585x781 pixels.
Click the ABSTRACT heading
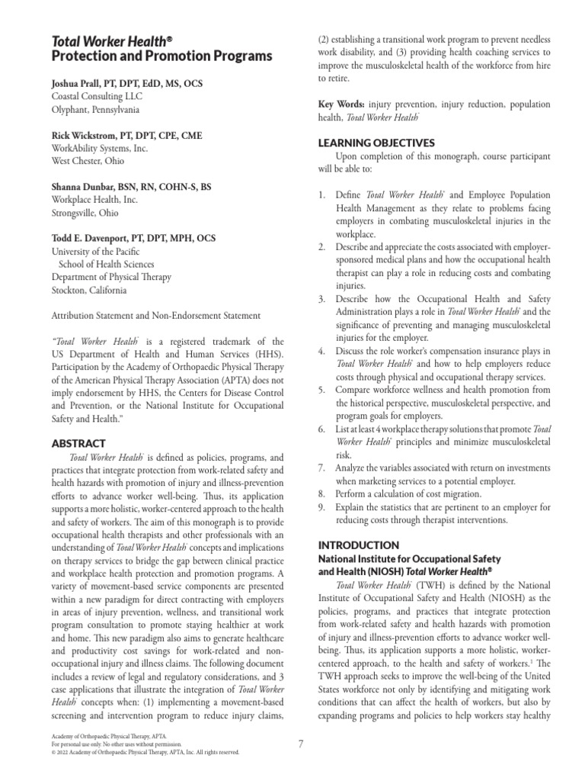pyautogui.click(x=78, y=442)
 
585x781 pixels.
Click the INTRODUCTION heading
pyautogui.click(x=358, y=545)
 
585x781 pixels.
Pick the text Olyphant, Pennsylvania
pyautogui.click(x=95, y=109)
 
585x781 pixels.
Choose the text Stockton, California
pyautogui.click(x=89, y=290)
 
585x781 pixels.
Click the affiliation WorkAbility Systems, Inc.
pyautogui.click(x=99, y=148)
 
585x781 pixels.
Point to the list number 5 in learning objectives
pyautogui.click(x=321, y=389)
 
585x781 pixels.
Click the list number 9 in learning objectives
pyautogui.click(x=321, y=506)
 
